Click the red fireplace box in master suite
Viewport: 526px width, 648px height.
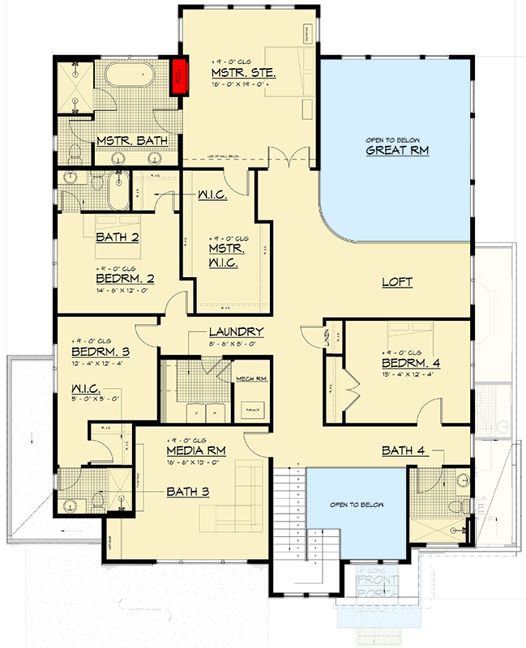[x=178, y=76]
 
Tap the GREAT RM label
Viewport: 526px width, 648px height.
[x=396, y=150]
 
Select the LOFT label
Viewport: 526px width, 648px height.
[x=397, y=283]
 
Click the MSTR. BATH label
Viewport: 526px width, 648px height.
[x=132, y=141]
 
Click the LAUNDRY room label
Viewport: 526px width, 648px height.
[x=236, y=331]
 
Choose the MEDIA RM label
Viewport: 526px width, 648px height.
[x=196, y=450]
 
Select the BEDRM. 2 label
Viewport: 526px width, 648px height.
[x=125, y=278]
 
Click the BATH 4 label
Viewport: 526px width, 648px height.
[x=408, y=450]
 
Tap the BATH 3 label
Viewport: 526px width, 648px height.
[x=189, y=491]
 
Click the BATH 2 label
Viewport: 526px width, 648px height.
[x=118, y=237]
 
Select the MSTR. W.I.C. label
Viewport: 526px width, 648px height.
[x=227, y=253]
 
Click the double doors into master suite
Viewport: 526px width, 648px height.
[x=289, y=157]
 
